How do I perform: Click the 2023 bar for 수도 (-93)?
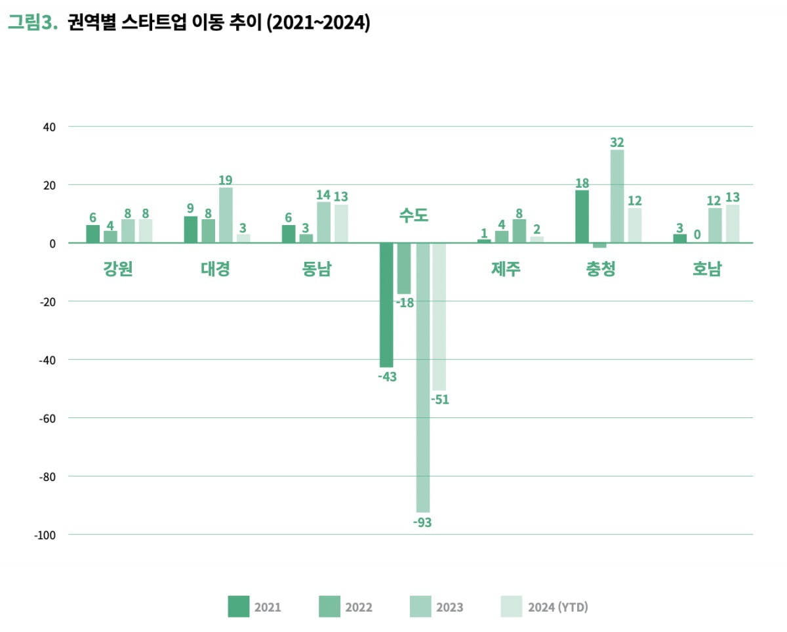(x=423, y=377)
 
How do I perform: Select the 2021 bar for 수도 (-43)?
(x=387, y=305)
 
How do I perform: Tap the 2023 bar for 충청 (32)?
(x=617, y=196)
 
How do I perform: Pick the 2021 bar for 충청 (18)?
(x=582, y=217)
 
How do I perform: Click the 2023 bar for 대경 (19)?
(x=226, y=215)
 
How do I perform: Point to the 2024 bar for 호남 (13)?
(x=733, y=224)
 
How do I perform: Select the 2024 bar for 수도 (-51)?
(x=439, y=316)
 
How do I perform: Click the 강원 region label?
(x=118, y=269)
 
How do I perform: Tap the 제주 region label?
(x=505, y=269)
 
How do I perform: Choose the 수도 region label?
(x=413, y=215)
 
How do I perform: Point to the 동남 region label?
(x=317, y=269)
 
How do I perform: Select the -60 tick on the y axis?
(x=49, y=418)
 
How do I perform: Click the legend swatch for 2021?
(x=239, y=606)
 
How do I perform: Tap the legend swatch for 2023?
(x=420, y=606)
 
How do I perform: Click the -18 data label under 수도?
(x=404, y=303)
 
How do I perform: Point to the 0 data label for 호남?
(x=697, y=234)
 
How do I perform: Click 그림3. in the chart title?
(x=33, y=24)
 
